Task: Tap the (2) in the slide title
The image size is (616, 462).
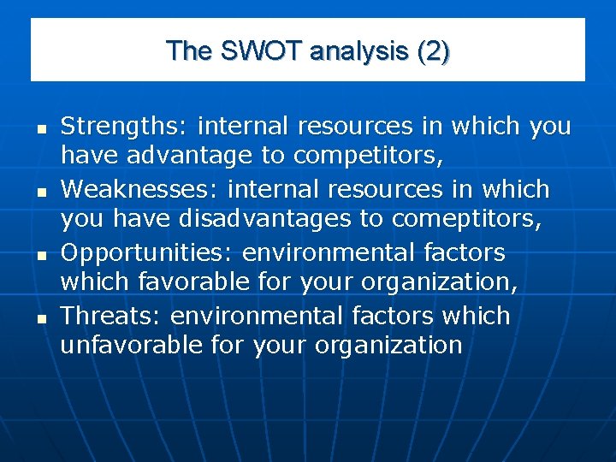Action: point(432,51)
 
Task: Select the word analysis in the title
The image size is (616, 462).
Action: point(360,51)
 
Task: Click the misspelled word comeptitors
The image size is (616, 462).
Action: point(466,220)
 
